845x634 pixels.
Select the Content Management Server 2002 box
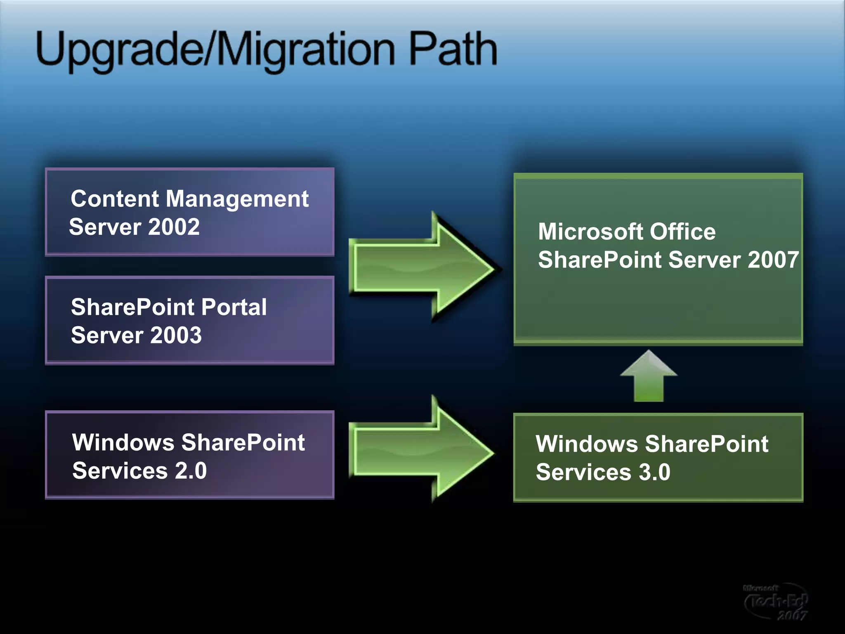pos(190,212)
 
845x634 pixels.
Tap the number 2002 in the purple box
pos(174,227)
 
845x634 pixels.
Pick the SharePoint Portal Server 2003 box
pos(190,320)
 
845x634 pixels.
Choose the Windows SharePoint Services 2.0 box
pos(190,455)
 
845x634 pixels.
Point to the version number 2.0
pos(191,471)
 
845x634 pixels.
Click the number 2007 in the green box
pos(773,260)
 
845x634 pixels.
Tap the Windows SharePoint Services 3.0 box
pos(658,457)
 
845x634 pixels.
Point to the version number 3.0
pos(654,472)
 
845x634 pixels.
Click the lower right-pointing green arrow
pos(423,451)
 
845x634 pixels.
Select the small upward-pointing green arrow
pos(649,376)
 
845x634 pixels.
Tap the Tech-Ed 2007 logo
pos(776,602)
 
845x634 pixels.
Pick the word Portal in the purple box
pos(234,307)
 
